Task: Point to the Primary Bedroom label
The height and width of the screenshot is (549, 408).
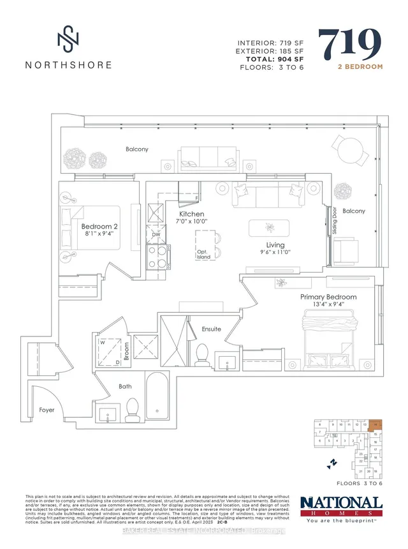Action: (328, 297)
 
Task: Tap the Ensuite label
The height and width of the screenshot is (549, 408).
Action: (211, 329)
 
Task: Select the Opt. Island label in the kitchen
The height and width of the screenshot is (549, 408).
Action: (203, 253)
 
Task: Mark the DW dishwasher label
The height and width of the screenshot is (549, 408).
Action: (156, 235)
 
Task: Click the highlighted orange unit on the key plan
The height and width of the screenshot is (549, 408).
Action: (376, 425)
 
